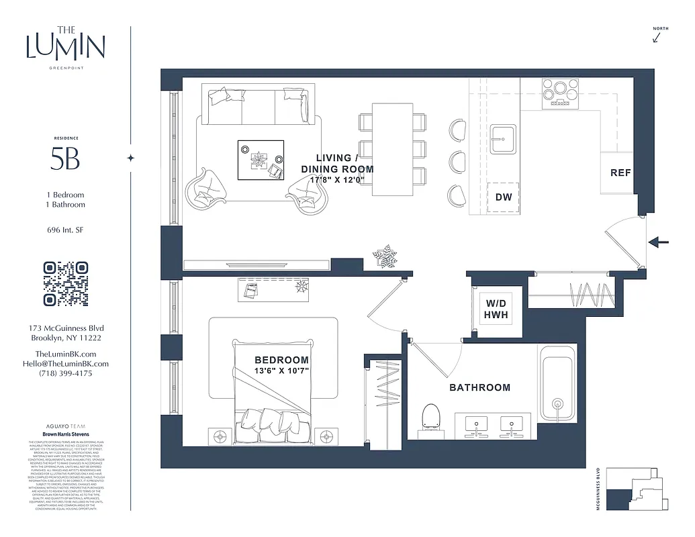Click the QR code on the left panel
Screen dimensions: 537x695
click(x=66, y=284)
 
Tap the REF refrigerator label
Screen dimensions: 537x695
click(x=620, y=173)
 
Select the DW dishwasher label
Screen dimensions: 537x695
click(x=503, y=197)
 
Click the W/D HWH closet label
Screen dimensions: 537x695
click(x=496, y=309)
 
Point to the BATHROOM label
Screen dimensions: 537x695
click(x=479, y=387)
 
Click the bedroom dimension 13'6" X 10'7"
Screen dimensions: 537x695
click(x=281, y=371)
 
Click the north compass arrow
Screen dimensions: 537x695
click(x=657, y=38)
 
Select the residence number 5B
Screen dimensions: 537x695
click(x=65, y=159)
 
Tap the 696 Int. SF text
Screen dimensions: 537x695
click(x=65, y=230)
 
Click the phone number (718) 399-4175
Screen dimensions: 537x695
click(x=66, y=373)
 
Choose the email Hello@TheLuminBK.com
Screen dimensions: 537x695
click(x=66, y=364)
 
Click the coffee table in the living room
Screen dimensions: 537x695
click(x=261, y=160)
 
